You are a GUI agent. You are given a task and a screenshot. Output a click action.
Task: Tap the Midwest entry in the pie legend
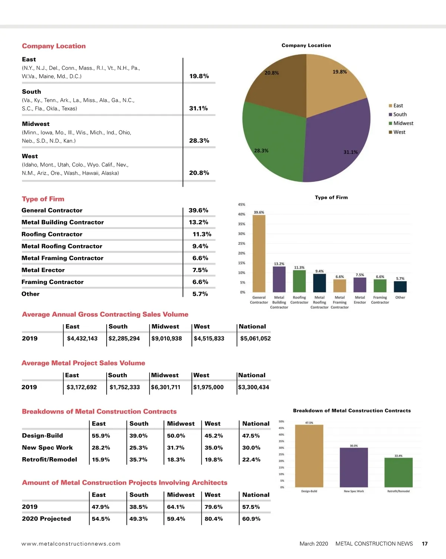(x=403, y=123)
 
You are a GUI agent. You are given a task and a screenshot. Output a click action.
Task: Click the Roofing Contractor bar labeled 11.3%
(x=299, y=281)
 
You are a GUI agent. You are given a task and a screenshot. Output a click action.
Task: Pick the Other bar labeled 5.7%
(x=400, y=287)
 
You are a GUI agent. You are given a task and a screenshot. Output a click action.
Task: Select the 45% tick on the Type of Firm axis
(x=242, y=204)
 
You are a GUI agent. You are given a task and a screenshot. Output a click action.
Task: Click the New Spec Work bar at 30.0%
(x=354, y=467)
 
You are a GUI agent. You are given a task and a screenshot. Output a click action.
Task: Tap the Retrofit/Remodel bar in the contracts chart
(x=398, y=472)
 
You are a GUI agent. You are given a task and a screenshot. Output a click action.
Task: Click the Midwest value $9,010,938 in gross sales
(x=167, y=339)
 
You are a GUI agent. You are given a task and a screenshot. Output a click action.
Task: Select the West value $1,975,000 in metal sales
(x=209, y=387)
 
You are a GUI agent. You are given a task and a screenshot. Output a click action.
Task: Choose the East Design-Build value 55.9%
(x=101, y=436)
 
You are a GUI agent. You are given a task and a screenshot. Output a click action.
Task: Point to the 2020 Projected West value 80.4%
(x=214, y=519)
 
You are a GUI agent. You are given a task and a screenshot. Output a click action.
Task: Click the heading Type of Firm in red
(x=43, y=199)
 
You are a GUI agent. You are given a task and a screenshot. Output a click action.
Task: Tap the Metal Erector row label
(x=43, y=270)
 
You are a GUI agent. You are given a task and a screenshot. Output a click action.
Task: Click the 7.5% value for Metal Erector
(x=200, y=270)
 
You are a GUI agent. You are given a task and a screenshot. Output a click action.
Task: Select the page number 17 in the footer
(x=424, y=544)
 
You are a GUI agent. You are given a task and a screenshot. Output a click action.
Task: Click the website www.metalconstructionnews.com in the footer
(x=71, y=544)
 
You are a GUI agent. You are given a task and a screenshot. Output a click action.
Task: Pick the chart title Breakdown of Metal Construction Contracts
(x=352, y=411)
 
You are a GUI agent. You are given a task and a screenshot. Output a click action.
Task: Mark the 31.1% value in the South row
(x=198, y=109)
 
